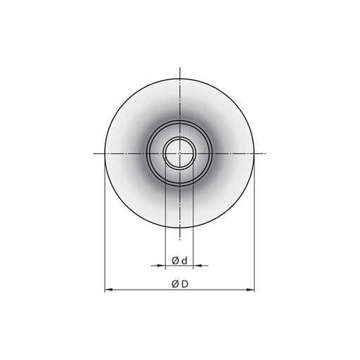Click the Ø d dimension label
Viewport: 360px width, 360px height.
179,261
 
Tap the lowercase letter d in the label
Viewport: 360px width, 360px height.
185,261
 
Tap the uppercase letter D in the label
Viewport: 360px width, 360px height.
185,284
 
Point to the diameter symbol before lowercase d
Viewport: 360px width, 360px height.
175,261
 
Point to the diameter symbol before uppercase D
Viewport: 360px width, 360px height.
175,284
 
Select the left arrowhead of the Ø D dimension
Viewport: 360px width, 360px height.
108,290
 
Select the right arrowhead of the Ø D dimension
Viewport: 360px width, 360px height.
250,290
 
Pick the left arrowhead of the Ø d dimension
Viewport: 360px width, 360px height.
162,266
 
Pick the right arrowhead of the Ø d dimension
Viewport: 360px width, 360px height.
197,266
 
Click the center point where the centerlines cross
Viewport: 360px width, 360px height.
180,153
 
